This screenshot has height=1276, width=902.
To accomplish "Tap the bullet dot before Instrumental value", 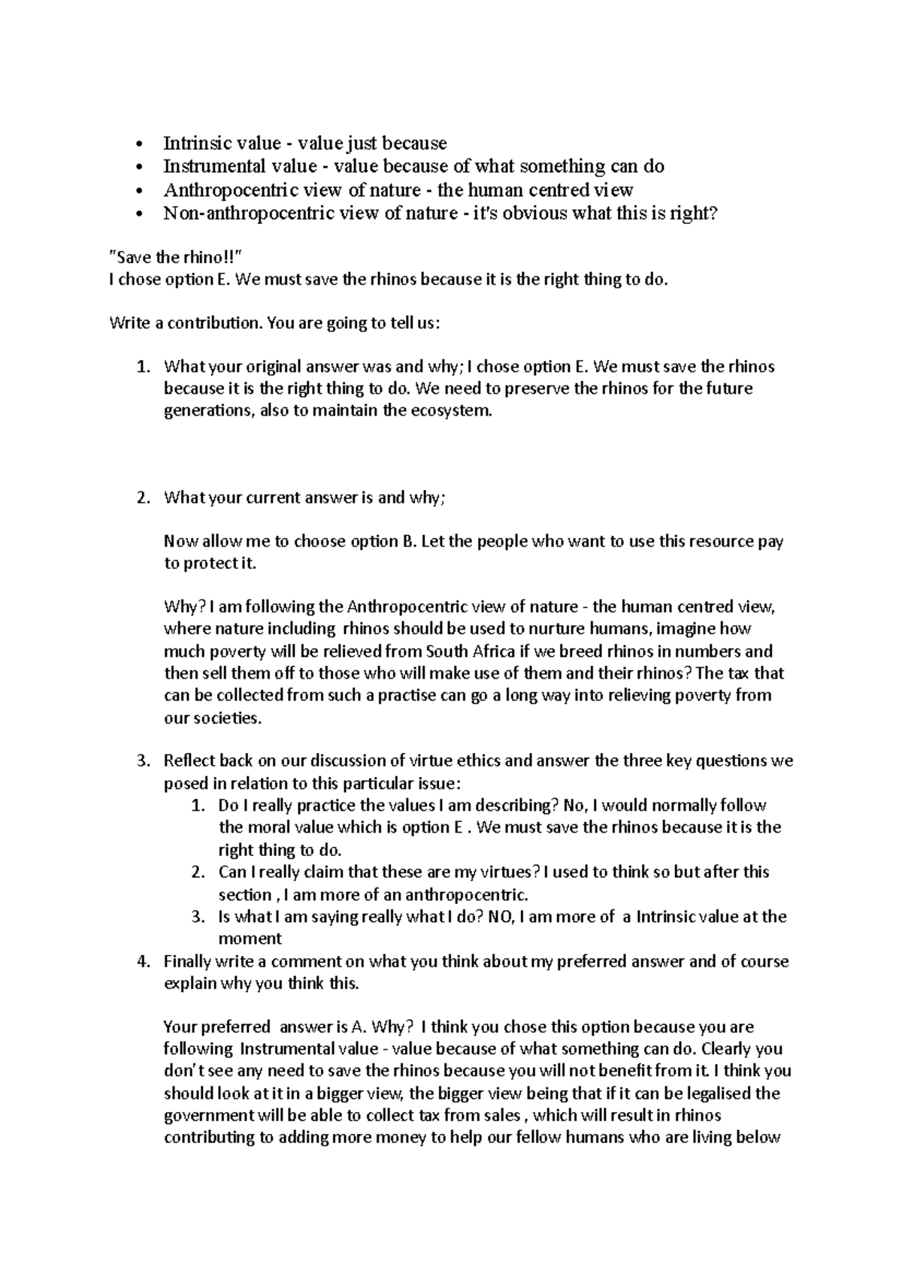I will coord(139,167).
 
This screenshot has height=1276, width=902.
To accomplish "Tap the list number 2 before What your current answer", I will coord(144,497).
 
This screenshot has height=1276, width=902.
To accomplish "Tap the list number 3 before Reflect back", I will coord(144,760).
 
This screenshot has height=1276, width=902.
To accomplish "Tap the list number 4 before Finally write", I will coord(144,961).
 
